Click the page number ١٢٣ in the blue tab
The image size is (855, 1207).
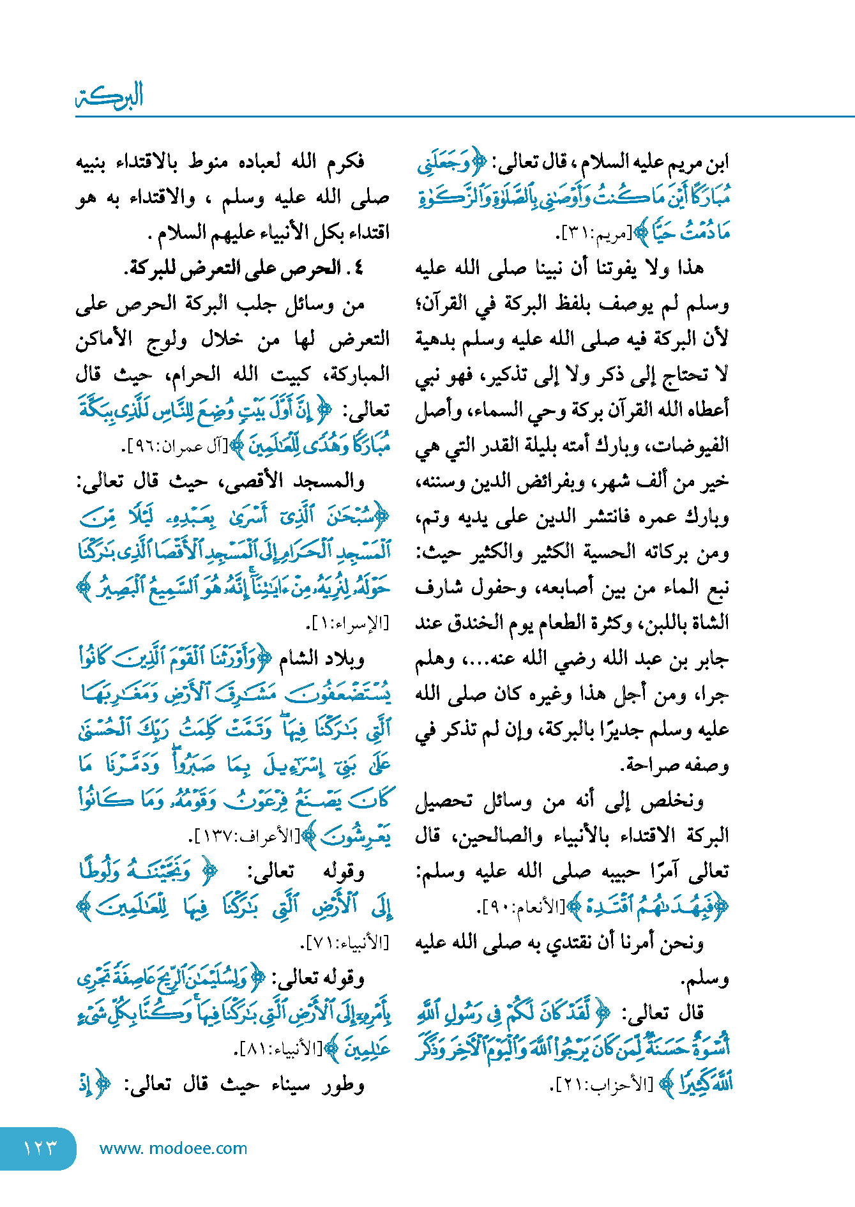(x=40, y=1148)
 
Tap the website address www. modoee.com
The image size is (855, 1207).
(x=173, y=1148)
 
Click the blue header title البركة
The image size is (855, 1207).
(x=109, y=97)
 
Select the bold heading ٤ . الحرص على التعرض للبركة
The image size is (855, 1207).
(x=244, y=268)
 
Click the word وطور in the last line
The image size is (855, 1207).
(x=345, y=1084)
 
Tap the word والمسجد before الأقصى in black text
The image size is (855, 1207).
(x=330, y=482)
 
